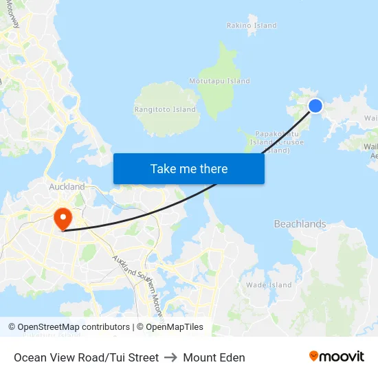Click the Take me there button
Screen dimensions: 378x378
click(x=189, y=168)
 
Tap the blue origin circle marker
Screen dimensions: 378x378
click(x=315, y=105)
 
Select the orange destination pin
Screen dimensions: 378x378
click(x=63, y=220)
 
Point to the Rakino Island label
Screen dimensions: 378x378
click(x=252, y=25)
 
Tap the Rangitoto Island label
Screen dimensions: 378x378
click(x=165, y=109)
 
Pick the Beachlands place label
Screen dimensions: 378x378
click(x=300, y=224)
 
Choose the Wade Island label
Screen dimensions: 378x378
click(x=269, y=285)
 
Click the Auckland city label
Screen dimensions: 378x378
click(x=67, y=186)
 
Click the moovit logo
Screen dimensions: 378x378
click(x=336, y=357)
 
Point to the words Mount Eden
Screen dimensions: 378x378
click(x=214, y=357)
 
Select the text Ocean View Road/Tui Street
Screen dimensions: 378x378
click(x=86, y=357)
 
